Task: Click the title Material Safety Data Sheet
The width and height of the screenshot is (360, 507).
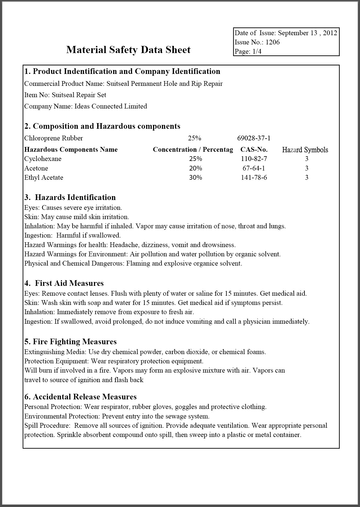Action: pos(128,49)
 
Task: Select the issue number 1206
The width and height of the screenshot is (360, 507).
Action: pos(273,42)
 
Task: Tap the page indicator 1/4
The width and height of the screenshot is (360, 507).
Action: pos(257,51)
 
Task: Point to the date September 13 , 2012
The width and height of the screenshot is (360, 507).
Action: pos(308,33)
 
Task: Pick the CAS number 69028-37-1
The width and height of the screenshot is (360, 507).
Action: pos(254,138)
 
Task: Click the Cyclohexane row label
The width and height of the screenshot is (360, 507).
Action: pos(43,159)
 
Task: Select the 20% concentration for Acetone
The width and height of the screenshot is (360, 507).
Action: pos(195,168)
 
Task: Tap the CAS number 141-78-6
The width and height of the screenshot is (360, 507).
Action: pos(254,178)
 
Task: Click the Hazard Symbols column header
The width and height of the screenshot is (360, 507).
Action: pos(305,150)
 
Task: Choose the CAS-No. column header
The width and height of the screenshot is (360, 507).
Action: pos(254,150)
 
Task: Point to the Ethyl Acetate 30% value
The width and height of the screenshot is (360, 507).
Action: pos(195,178)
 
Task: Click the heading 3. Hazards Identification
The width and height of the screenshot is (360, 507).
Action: pos(70,197)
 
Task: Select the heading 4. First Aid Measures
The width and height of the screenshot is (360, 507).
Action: pos(64,283)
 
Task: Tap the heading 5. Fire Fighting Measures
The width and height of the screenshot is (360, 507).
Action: pos(70,342)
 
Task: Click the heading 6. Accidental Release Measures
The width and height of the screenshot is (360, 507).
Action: pos(81,397)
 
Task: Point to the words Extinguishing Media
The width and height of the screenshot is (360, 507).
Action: pos(55,352)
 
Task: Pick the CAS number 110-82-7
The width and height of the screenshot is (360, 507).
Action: pos(254,159)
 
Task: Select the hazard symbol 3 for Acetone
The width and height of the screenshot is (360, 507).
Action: pos(307,168)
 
